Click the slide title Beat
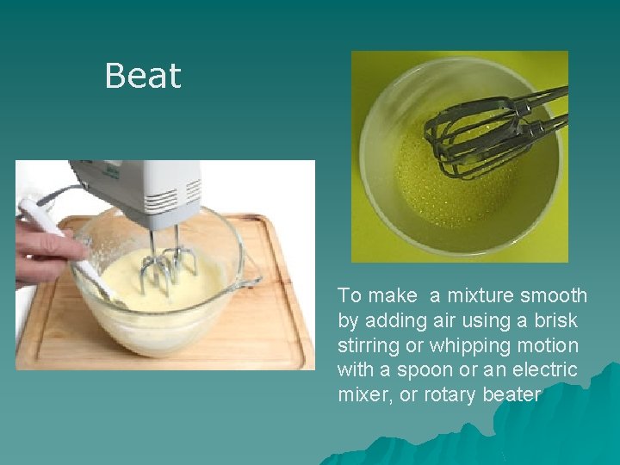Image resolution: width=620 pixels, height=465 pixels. tap(142, 76)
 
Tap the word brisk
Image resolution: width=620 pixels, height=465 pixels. tap(556, 320)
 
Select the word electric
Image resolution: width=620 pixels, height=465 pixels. tap(542, 370)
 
